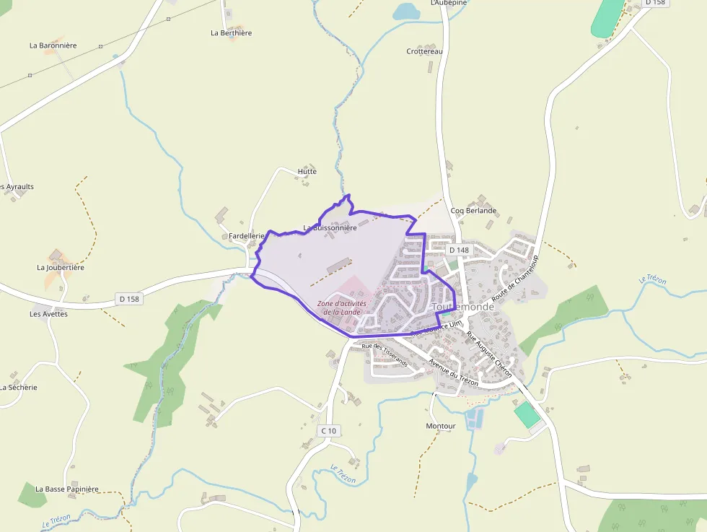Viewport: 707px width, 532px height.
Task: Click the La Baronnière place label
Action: click(x=53, y=45)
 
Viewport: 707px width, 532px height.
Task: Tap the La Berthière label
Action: click(x=231, y=33)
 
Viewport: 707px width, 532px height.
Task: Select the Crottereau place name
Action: click(x=424, y=51)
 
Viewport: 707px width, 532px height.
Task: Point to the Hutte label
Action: click(x=307, y=172)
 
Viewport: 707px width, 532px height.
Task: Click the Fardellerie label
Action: click(x=247, y=236)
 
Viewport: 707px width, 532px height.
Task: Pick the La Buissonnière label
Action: click(x=330, y=228)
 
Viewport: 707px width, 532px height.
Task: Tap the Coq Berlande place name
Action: click(x=473, y=211)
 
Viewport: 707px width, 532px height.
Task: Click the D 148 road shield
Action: click(x=458, y=250)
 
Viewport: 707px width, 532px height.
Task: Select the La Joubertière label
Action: click(x=61, y=268)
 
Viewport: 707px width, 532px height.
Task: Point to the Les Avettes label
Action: click(x=48, y=314)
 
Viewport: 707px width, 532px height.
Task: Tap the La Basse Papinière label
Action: click(x=67, y=489)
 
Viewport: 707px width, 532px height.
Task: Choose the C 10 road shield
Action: click(x=328, y=431)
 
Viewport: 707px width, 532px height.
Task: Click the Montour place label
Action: click(x=441, y=426)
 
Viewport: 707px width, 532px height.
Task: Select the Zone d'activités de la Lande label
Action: click(x=342, y=308)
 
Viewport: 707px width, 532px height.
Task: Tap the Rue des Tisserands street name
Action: click(x=385, y=355)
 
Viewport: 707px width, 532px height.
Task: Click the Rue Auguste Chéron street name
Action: click(x=489, y=354)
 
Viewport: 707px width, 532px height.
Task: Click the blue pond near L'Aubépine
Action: click(x=406, y=12)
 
